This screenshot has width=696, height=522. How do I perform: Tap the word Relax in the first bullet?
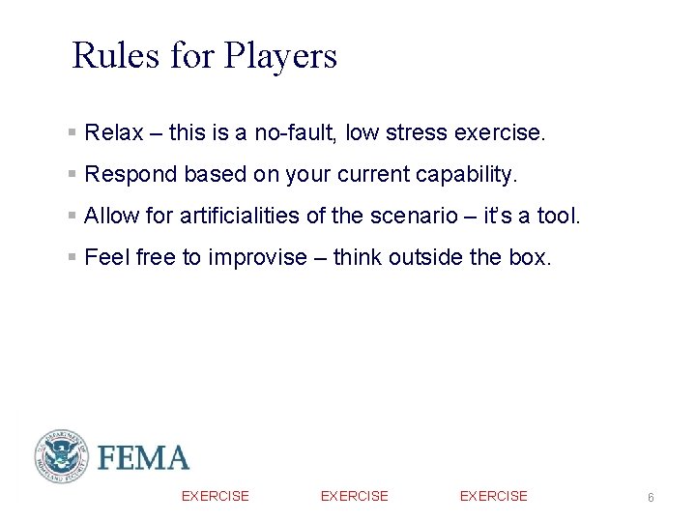coord(114,132)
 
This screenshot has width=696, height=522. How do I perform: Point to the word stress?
coord(417,132)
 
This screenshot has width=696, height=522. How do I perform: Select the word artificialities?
coord(241,216)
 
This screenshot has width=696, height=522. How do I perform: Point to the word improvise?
coord(256,257)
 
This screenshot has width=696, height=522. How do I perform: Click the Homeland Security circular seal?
coord(61,456)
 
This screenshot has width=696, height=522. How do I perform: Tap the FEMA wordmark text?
coord(143,457)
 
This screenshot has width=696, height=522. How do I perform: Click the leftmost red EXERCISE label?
coord(216,496)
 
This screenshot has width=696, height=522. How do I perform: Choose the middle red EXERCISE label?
coord(355,496)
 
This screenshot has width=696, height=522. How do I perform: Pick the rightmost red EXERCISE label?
coord(494,496)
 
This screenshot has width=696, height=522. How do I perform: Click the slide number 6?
coord(651,497)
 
